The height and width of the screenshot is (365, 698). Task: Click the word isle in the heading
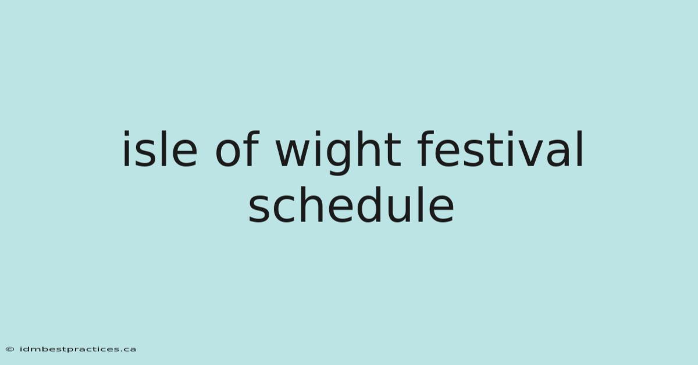(x=160, y=149)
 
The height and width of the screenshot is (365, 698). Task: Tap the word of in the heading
(x=237, y=149)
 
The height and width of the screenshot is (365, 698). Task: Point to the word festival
(x=500, y=149)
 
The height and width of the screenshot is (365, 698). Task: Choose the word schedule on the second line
(x=351, y=205)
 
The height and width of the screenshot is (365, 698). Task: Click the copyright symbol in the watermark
(x=10, y=349)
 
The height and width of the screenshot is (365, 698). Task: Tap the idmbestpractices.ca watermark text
(x=77, y=349)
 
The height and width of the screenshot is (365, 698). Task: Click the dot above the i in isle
(x=126, y=134)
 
